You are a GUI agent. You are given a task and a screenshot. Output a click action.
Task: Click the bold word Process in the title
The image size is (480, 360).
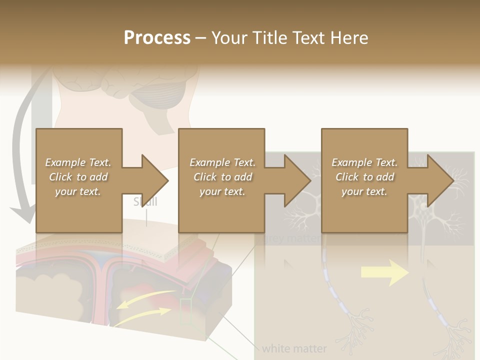point(157,38)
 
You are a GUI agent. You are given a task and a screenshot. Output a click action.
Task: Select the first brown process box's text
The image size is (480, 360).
point(78,177)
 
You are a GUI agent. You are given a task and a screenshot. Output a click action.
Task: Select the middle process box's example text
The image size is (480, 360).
point(222,177)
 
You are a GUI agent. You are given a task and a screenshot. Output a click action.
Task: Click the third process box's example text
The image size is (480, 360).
point(364,177)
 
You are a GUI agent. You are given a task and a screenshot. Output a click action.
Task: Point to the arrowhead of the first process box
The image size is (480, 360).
point(155,180)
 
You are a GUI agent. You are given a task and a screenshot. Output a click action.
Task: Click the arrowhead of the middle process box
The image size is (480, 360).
point(297,180)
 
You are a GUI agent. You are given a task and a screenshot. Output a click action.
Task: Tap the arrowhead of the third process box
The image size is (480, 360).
point(440,180)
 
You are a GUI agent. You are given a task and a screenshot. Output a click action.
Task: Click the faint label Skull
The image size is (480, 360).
point(145,202)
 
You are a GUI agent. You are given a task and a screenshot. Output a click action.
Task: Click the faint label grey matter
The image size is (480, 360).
point(290,238)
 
